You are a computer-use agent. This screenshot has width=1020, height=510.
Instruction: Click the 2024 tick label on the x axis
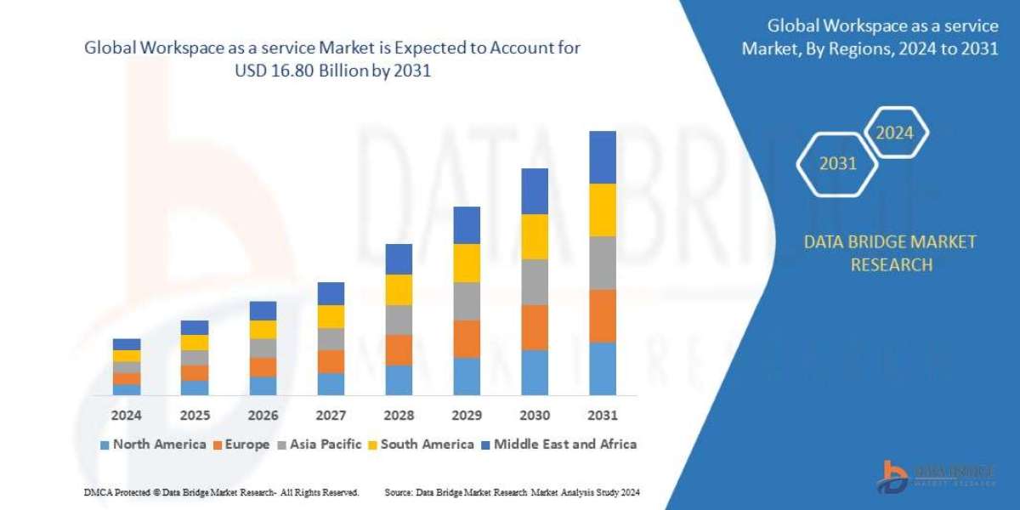pos(126,416)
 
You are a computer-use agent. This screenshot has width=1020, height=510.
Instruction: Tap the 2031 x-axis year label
pos(602,416)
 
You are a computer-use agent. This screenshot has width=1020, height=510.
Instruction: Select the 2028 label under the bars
pos(399,416)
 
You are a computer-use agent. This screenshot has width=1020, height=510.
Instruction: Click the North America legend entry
pos(153,444)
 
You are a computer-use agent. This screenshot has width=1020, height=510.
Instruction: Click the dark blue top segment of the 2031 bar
pos(602,157)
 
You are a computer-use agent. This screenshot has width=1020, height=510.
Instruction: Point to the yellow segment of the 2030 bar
pos(535,236)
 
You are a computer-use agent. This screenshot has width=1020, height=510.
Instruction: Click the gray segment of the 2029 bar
pos(467,301)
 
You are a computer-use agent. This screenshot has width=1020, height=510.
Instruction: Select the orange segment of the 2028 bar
pos(399,349)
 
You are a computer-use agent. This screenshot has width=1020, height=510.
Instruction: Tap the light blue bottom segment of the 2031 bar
pos(602,369)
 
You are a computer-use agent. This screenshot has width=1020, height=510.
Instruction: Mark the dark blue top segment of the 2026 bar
pos(263,310)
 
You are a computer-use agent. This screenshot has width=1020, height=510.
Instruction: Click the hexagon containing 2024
pos(895,133)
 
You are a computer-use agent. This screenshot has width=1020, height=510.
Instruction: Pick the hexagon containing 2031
pos(837,163)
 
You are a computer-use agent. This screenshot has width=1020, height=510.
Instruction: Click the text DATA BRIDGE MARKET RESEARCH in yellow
pos(890,253)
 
